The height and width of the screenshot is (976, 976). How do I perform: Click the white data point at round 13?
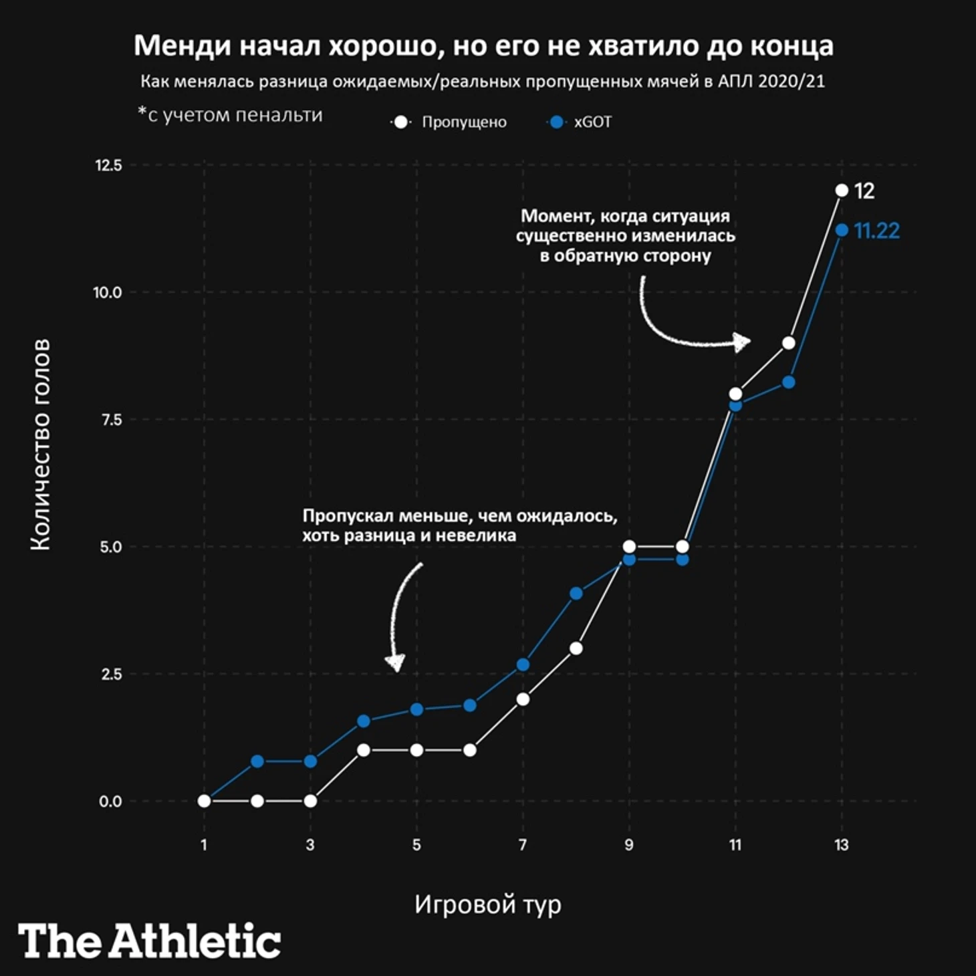pyautogui.click(x=842, y=191)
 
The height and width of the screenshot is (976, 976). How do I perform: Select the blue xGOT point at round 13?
pyautogui.click(x=842, y=230)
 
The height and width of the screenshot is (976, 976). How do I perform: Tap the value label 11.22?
pyautogui.click(x=877, y=231)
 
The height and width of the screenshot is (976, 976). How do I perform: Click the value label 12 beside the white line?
pyautogui.click(x=864, y=192)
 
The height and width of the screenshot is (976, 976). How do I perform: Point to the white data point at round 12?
pyautogui.click(x=789, y=343)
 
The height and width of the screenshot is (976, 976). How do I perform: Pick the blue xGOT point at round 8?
pyautogui.click(x=576, y=594)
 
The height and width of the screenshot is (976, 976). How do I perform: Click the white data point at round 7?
pyautogui.click(x=523, y=699)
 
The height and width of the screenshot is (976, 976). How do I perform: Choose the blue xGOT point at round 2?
pyautogui.click(x=257, y=761)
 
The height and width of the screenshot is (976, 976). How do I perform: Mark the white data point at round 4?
pyautogui.click(x=364, y=750)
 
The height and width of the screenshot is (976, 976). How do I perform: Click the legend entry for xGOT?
pyautogui.click(x=580, y=122)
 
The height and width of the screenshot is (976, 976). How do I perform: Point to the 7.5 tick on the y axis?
pyautogui.click(x=111, y=420)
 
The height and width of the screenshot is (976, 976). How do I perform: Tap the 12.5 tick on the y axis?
pyautogui.click(x=109, y=165)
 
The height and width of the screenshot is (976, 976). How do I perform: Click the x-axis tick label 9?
pyautogui.click(x=629, y=845)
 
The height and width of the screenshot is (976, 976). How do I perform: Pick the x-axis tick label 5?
pyautogui.click(x=416, y=845)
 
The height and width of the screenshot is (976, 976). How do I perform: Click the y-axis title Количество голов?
pyautogui.click(x=40, y=445)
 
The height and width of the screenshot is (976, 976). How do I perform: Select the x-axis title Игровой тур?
pyautogui.click(x=487, y=904)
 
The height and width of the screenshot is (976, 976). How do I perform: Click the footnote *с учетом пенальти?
pyautogui.click(x=230, y=115)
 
